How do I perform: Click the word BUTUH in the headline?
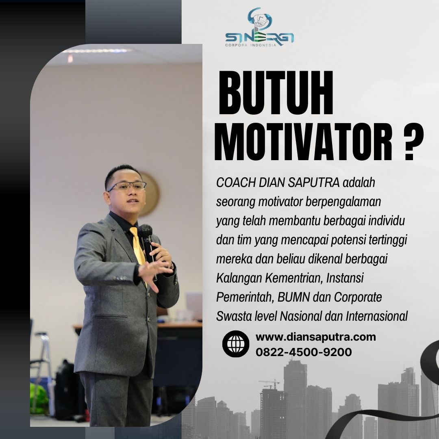pos(276,93)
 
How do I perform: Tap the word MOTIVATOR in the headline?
pos(304,142)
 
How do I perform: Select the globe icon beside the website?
pos(236,344)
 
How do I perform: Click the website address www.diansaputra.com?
pos(315,337)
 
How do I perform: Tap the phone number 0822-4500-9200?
pos(304,352)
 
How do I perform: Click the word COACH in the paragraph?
pos(236,183)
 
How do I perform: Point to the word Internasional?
pos(376,316)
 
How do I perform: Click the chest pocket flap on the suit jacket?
pos(111,316)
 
